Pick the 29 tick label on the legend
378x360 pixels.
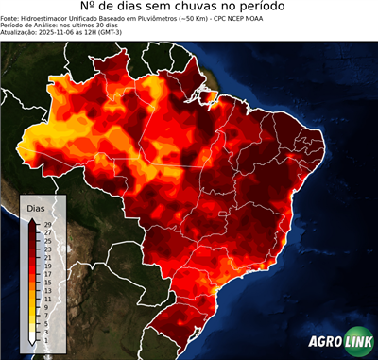click(x=48, y=224)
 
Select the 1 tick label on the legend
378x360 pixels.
click(x=46, y=340)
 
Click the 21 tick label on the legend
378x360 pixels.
click(x=48, y=257)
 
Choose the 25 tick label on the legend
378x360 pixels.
click(x=48, y=241)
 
